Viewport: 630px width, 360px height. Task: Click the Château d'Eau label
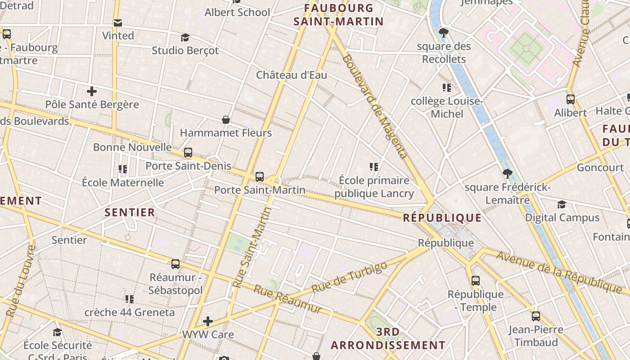tap(292, 75)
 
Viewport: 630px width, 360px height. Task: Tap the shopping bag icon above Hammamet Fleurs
tap(226, 120)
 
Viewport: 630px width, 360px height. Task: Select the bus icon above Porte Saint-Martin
tap(260, 177)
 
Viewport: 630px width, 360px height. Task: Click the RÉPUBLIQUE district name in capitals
tap(442, 218)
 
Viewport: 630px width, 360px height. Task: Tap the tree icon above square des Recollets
tap(444, 32)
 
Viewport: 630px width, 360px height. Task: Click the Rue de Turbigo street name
tap(349, 277)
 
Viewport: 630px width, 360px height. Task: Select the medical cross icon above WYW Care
tap(208, 321)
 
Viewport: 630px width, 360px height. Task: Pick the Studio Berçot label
tap(185, 50)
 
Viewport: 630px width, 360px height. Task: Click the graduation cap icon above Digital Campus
tap(562, 205)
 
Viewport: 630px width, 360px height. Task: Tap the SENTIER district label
tap(130, 212)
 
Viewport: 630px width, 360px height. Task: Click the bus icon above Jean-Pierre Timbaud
tap(535, 316)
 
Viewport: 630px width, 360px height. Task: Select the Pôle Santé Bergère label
tap(92, 104)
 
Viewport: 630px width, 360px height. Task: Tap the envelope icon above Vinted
tap(118, 22)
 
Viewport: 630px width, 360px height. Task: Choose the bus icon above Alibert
tap(571, 99)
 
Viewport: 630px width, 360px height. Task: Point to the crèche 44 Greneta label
tap(130, 312)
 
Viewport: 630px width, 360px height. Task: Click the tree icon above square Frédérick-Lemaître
tap(508, 174)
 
